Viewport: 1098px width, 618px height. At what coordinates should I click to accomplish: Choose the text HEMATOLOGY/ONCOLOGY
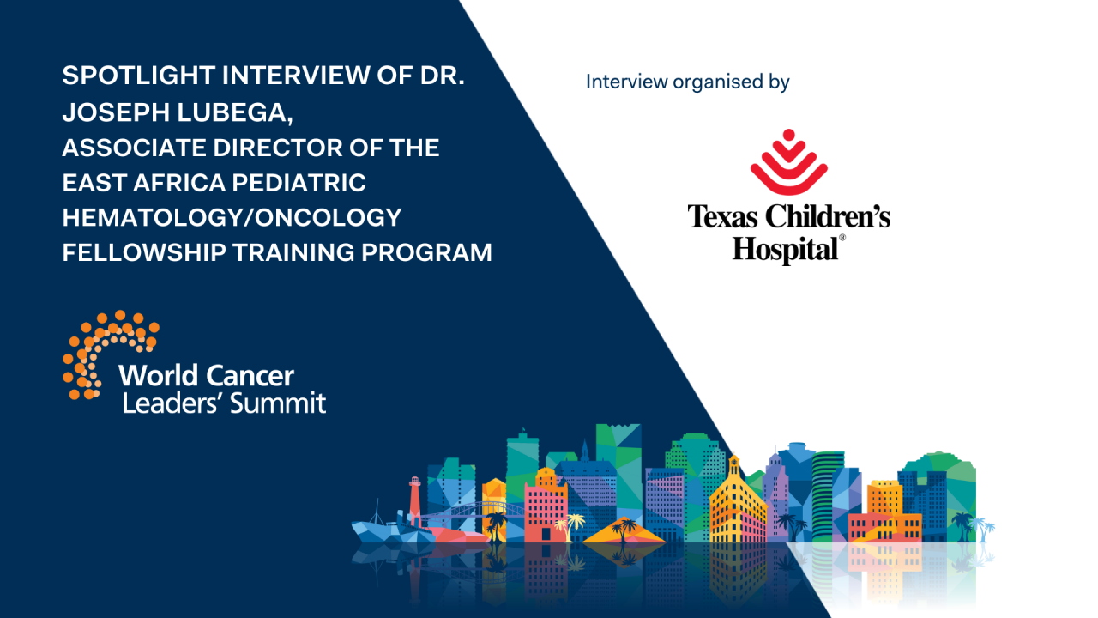pos(232,218)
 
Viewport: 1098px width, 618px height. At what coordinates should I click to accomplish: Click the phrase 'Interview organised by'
pos(687,82)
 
